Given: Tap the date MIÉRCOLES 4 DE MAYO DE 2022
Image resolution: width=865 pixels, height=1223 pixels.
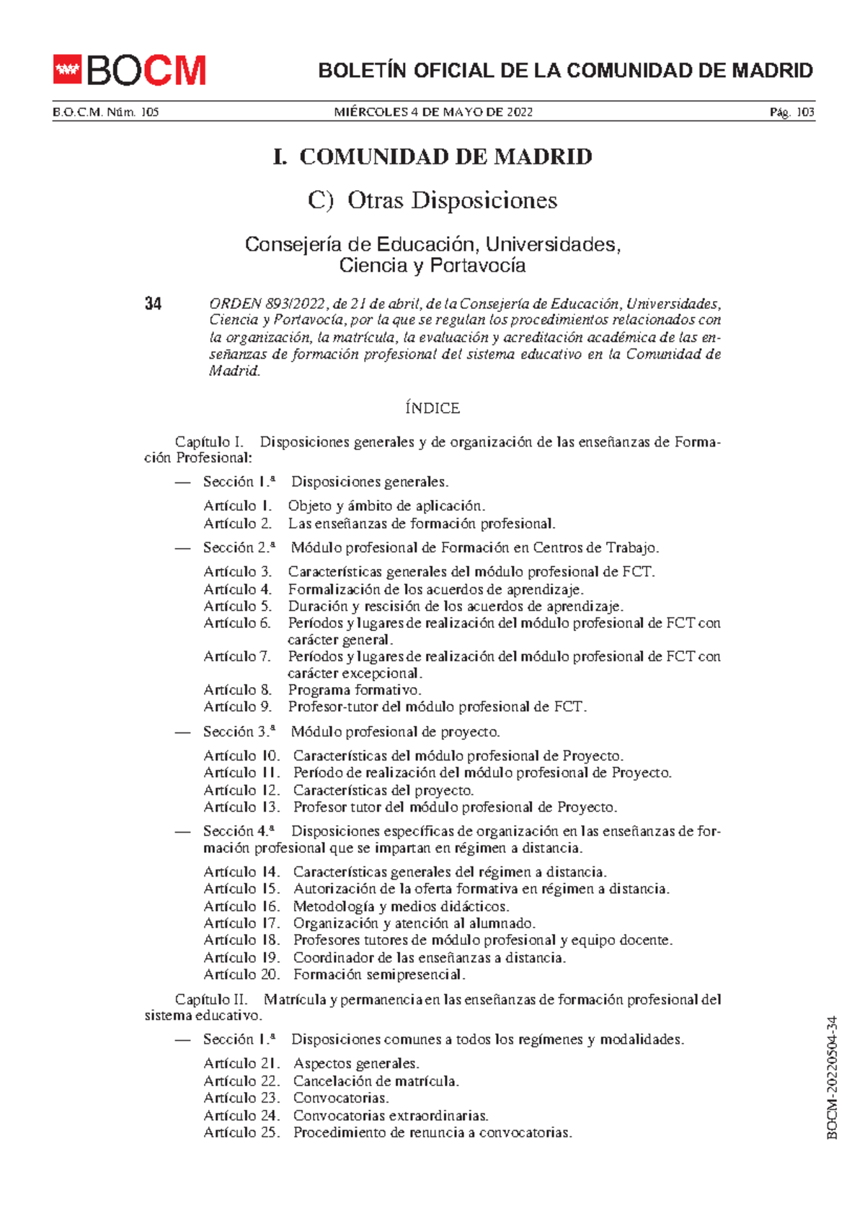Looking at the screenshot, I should click(x=433, y=112).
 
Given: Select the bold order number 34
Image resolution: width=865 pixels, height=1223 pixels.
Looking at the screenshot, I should click(x=153, y=304).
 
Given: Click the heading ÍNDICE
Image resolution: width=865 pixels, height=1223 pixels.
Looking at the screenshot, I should click(x=432, y=408).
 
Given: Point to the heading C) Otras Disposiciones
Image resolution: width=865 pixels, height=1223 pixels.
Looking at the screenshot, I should click(x=432, y=200).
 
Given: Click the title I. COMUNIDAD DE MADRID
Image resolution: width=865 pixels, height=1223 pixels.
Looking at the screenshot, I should click(x=432, y=157).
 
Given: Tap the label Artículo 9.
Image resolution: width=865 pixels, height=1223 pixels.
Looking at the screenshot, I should click(x=237, y=707).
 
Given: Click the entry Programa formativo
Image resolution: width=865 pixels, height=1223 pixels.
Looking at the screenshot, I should click(x=355, y=690).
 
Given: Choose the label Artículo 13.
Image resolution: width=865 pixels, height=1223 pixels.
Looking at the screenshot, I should click(x=241, y=807).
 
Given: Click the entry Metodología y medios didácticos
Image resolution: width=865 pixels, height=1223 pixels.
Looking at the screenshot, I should click(x=401, y=907).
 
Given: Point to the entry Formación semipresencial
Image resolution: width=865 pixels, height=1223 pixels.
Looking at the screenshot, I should click(x=379, y=975).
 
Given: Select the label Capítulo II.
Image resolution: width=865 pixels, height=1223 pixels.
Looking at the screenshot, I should click(x=211, y=1000).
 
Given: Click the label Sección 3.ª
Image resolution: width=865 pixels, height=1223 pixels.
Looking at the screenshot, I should click(x=239, y=732).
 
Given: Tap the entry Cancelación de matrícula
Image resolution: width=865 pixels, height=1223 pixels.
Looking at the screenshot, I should click(x=376, y=1081).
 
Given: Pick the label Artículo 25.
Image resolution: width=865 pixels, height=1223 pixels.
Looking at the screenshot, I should click(x=241, y=1132).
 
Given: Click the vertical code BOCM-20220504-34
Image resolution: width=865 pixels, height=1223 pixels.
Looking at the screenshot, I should click(x=832, y=1078).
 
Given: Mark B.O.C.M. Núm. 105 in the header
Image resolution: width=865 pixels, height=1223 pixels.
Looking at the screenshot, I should click(x=106, y=112).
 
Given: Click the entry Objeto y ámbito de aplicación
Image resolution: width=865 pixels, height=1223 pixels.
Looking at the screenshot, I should click(x=386, y=506).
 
